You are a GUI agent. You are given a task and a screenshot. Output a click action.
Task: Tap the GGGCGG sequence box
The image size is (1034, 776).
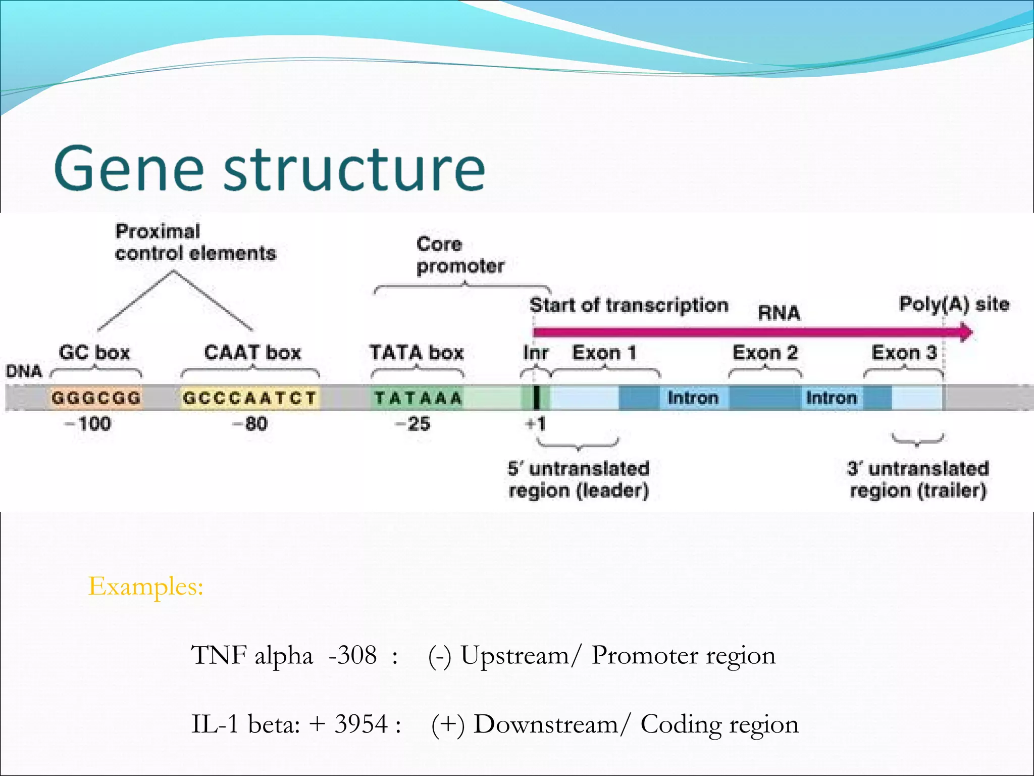coord(96,398)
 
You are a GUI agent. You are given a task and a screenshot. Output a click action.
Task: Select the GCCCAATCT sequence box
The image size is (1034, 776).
coord(250,398)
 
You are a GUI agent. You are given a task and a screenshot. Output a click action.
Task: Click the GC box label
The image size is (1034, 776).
coord(94,352)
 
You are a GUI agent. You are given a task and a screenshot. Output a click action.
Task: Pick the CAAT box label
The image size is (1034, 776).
coord(252,352)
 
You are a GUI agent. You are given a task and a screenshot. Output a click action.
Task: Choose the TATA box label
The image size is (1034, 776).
coord(417,352)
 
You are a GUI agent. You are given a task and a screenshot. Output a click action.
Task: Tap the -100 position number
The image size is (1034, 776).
coord(88,423)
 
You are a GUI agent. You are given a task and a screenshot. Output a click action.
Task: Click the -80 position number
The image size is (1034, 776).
coord(250,423)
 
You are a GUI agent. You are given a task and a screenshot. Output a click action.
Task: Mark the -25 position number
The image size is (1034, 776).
coord(412,423)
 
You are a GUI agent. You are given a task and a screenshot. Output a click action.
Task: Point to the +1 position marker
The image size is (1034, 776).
coord(536,423)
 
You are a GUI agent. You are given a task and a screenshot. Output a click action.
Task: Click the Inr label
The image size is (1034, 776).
coord(536,353)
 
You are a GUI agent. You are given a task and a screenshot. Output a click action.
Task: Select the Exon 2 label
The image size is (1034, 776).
coord(765,353)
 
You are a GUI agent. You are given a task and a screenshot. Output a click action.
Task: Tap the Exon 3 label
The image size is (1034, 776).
coord(904,353)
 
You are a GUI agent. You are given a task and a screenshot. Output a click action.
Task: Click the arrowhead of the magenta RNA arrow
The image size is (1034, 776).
coord(966,332)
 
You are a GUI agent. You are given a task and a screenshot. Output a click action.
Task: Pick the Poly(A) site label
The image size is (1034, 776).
coord(954,304)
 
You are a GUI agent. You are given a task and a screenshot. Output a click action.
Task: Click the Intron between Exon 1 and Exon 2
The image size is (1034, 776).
coord(693,398)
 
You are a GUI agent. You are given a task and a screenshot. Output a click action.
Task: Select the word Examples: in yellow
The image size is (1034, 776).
coord(146,587)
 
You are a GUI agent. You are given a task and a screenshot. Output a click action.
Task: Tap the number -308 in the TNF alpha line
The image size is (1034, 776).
coord(352,655)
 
